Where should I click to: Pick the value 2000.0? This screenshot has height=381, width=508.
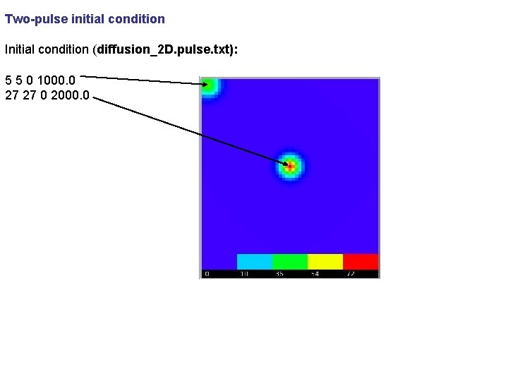(68, 94)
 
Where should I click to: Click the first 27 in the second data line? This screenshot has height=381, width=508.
(12, 94)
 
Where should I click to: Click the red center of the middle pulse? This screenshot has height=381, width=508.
(289, 166)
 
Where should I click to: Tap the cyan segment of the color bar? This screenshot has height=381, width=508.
(254, 261)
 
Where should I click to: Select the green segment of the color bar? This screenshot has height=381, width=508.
(289, 261)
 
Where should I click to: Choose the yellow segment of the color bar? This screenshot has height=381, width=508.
(325, 261)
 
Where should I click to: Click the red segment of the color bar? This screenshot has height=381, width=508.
(361, 261)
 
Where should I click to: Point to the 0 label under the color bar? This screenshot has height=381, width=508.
(206, 274)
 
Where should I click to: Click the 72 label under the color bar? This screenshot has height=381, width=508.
(351, 274)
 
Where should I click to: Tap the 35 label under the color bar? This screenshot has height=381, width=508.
(279, 274)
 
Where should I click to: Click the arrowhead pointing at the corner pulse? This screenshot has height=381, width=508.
(205, 84)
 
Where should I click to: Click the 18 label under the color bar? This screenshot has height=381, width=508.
(243, 274)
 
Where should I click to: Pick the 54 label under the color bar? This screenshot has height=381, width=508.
(315, 274)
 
